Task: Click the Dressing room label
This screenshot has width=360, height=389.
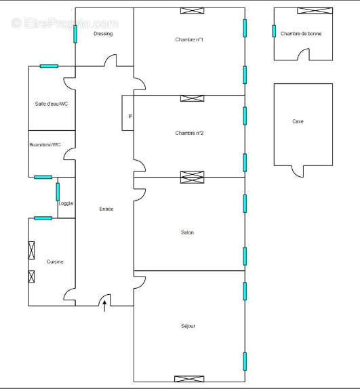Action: (x=103, y=33)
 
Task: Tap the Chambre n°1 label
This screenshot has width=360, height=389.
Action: (x=189, y=40)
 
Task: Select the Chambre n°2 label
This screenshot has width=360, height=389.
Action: (x=189, y=133)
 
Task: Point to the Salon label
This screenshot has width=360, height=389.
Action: (x=187, y=232)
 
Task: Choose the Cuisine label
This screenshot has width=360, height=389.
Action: (x=55, y=262)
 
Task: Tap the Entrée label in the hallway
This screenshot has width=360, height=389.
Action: (x=106, y=209)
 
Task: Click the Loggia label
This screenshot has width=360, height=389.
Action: (x=66, y=203)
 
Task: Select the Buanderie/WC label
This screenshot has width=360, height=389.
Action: (x=45, y=144)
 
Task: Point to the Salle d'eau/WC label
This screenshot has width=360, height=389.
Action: (x=52, y=104)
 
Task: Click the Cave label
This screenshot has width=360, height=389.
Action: (x=298, y=122)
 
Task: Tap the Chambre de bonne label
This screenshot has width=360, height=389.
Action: (x=301, y=33)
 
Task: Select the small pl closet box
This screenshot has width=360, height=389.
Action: (x=128, y=115)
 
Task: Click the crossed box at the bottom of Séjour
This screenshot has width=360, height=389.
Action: (x=189, y=378)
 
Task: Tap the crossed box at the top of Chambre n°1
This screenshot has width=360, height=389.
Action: (x=192, y=10)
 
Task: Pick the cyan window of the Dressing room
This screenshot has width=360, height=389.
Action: (x=75, y=33)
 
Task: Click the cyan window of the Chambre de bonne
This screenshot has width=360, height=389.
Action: (x=274, y=30)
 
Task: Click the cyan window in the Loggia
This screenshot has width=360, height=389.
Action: (x=58, y=191)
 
